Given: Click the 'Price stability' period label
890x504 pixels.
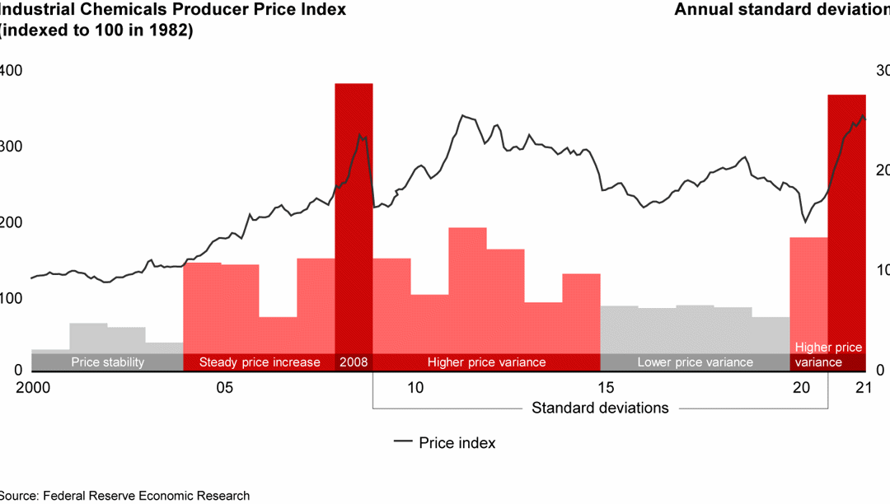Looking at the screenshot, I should click(x=107, y=362).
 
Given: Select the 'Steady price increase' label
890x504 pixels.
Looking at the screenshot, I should click(x=260, y=362).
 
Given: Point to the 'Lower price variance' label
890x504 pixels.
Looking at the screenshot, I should click(x=695, y=362).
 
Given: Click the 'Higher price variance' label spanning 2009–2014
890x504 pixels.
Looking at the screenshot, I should click(x=486, y=362).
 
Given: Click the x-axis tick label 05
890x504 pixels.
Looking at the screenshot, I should click(x=224, y=388).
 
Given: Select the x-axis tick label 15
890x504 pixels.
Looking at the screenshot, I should click(x=606, y=388).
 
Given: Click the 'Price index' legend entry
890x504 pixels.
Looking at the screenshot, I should click(x=445, y=442).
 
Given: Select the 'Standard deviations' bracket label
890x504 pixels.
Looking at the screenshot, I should click(x=600, y=408).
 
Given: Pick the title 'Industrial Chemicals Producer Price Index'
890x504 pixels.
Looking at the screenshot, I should click(x=173, y=10).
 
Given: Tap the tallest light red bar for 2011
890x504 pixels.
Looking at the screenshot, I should click(x=467, y=288).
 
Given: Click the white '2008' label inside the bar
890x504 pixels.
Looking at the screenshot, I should click(x=354, y=362).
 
